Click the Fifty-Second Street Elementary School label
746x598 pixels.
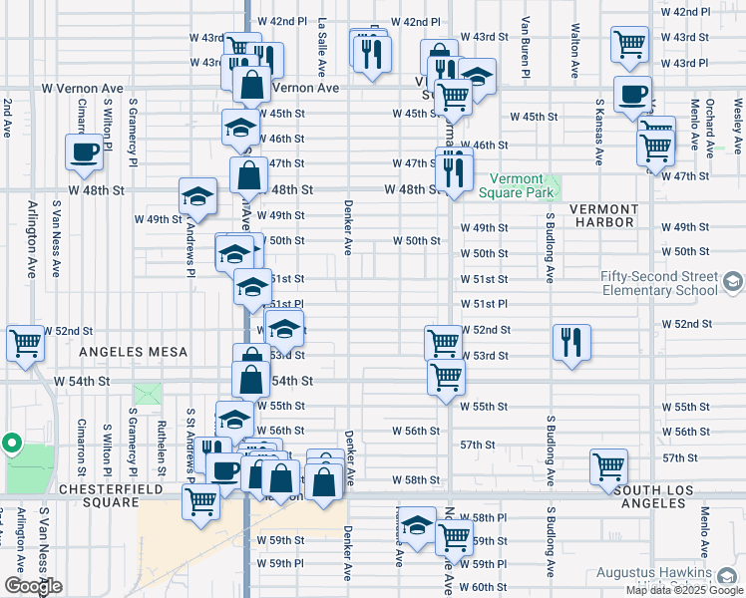[658, 283]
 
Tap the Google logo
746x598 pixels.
[33, 586]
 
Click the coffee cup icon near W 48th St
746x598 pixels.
[85, 152]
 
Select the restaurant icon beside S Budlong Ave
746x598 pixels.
[571, 342]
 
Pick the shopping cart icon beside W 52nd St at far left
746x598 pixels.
[24, 343]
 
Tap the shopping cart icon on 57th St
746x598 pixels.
[607, 465]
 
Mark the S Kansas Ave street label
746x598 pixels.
[598, 131]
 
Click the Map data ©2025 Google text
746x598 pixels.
[684, 590]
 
